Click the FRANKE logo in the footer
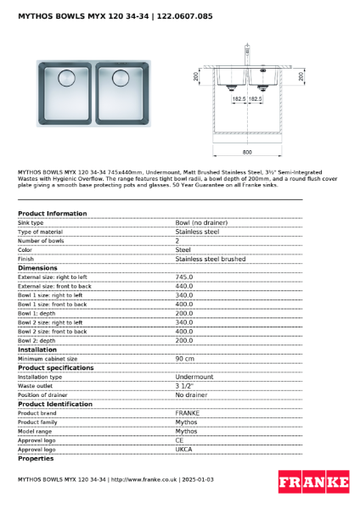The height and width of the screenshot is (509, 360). point(313,483)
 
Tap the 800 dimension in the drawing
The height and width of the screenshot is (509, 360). point(246,152)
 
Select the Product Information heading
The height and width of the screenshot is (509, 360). point(52,213)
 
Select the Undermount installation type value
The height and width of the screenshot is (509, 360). point(194,377)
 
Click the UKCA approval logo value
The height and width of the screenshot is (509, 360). point(184,450)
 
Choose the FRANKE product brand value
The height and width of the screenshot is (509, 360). point(187,413)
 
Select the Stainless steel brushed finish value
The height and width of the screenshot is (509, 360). point(211,259)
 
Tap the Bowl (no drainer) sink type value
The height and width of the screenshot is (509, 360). point(201,222)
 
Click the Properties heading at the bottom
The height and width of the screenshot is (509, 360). point(36,459)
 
